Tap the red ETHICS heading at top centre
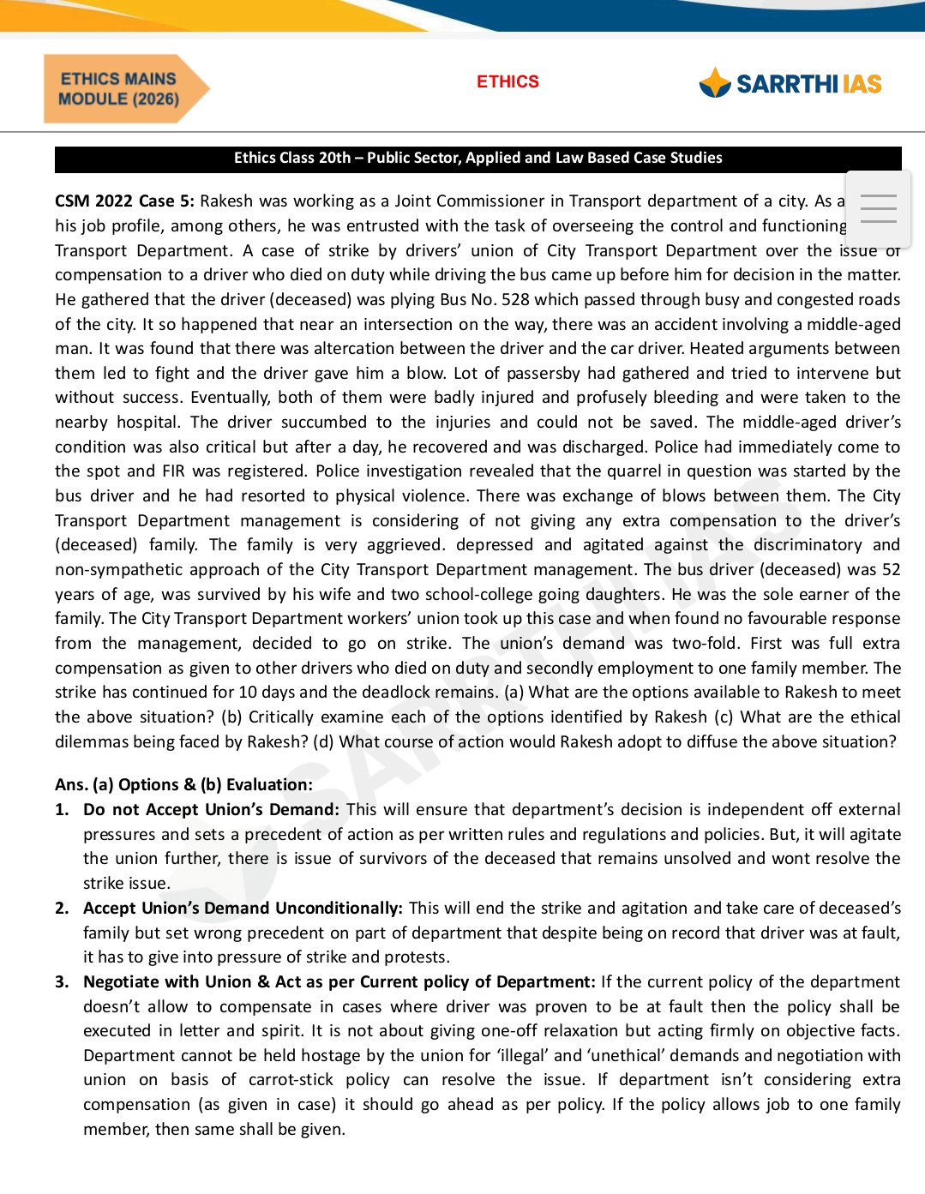coord(508,82)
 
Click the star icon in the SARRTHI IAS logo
coord(714,83)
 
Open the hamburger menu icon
coord(878,208)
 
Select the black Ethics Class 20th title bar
coord(478,159)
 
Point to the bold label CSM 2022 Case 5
coord(125,201)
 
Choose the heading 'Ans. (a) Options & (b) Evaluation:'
coord(183,785)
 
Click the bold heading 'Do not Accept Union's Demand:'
coord(211,810)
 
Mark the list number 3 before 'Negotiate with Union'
coord(62,982)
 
